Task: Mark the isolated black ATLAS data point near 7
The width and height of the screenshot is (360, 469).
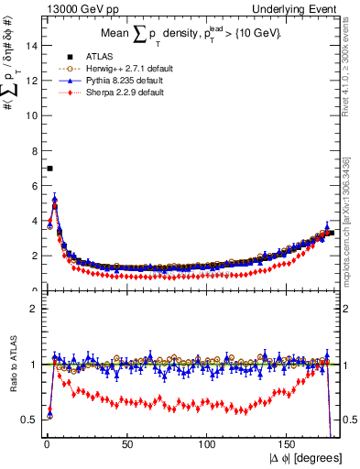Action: (x=49, y=169)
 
